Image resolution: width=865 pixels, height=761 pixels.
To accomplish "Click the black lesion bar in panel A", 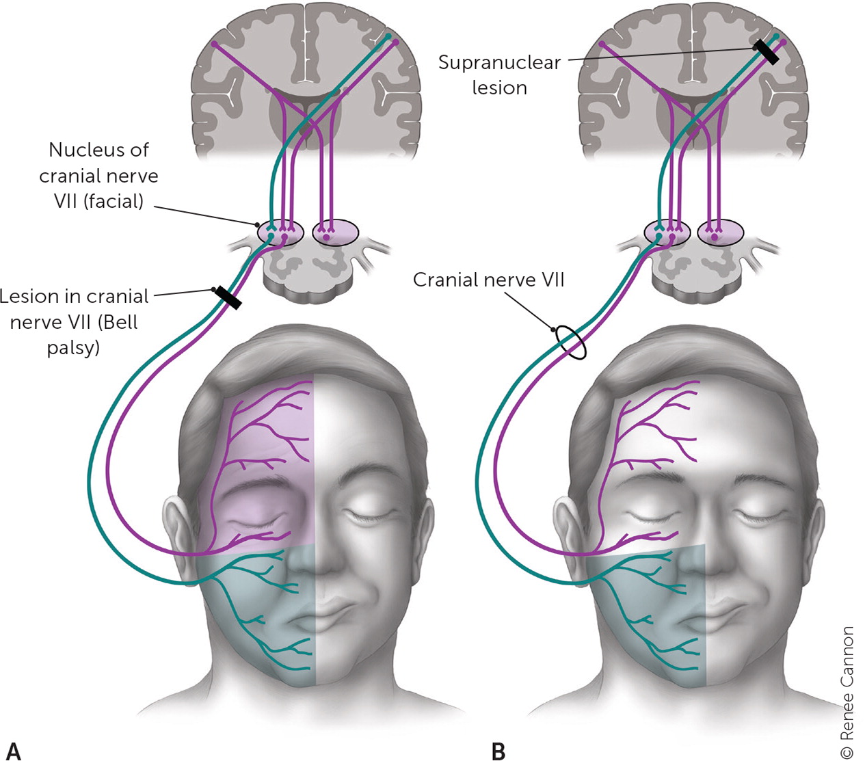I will tap(227, 298).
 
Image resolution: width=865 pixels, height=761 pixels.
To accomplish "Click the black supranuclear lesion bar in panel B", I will tap(766, 52).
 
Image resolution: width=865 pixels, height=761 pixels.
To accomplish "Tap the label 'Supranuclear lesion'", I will tap(499, 75).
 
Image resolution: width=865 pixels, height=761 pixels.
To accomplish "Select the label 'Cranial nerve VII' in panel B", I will tap(488, 280).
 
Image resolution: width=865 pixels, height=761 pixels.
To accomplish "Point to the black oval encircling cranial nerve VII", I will tap(571, 343).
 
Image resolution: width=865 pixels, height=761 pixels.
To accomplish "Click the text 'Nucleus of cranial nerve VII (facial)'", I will tap(98, 175).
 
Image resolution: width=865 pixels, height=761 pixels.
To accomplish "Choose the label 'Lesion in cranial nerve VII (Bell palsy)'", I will tap(74, 321).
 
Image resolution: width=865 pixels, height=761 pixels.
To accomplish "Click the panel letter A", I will tap(13, 749).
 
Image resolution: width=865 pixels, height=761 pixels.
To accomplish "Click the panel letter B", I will tap(498, 750).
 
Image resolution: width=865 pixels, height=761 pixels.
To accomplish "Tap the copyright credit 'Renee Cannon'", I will tap(847, 691).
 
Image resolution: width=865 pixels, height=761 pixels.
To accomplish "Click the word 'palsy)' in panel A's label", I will tap(73, 347).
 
